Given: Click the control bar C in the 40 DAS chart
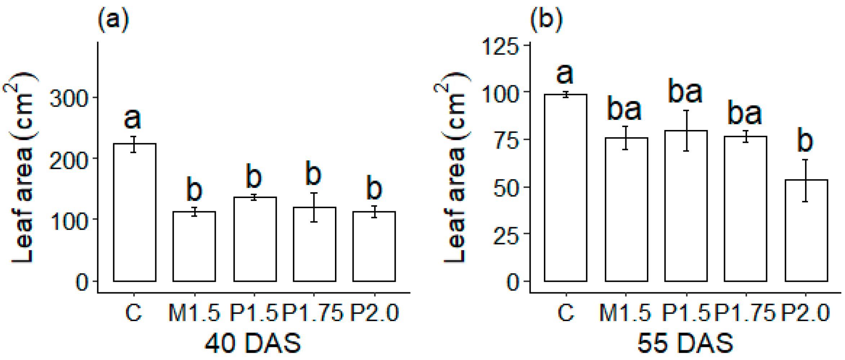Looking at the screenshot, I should point(134,212).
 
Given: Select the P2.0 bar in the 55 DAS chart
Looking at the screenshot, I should point(806,230).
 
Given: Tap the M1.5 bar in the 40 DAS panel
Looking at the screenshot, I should point(194,246).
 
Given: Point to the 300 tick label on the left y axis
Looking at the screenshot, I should point(68,98).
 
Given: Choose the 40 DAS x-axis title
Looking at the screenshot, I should point(253,343).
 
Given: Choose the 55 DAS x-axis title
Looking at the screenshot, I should point(685,343).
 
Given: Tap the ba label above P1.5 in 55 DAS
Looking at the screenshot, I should point(685,91).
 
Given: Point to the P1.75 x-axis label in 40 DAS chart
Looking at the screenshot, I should point(313,312).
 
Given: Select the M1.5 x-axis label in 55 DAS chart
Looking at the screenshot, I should point(625,312).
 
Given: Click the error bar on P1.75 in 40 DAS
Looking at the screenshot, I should point(314,207).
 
